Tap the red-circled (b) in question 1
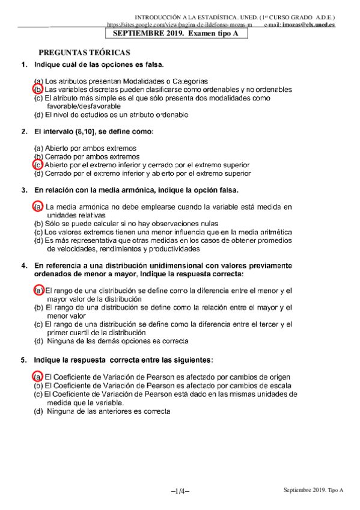tap(37, 88)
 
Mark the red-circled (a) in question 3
tap(37, 207)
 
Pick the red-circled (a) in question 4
tap(37, 290)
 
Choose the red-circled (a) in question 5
tap(37, 376)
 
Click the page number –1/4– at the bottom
tap(180, 492)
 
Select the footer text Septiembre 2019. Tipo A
tap(313, 491)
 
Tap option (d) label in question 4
tap(38, 341)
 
